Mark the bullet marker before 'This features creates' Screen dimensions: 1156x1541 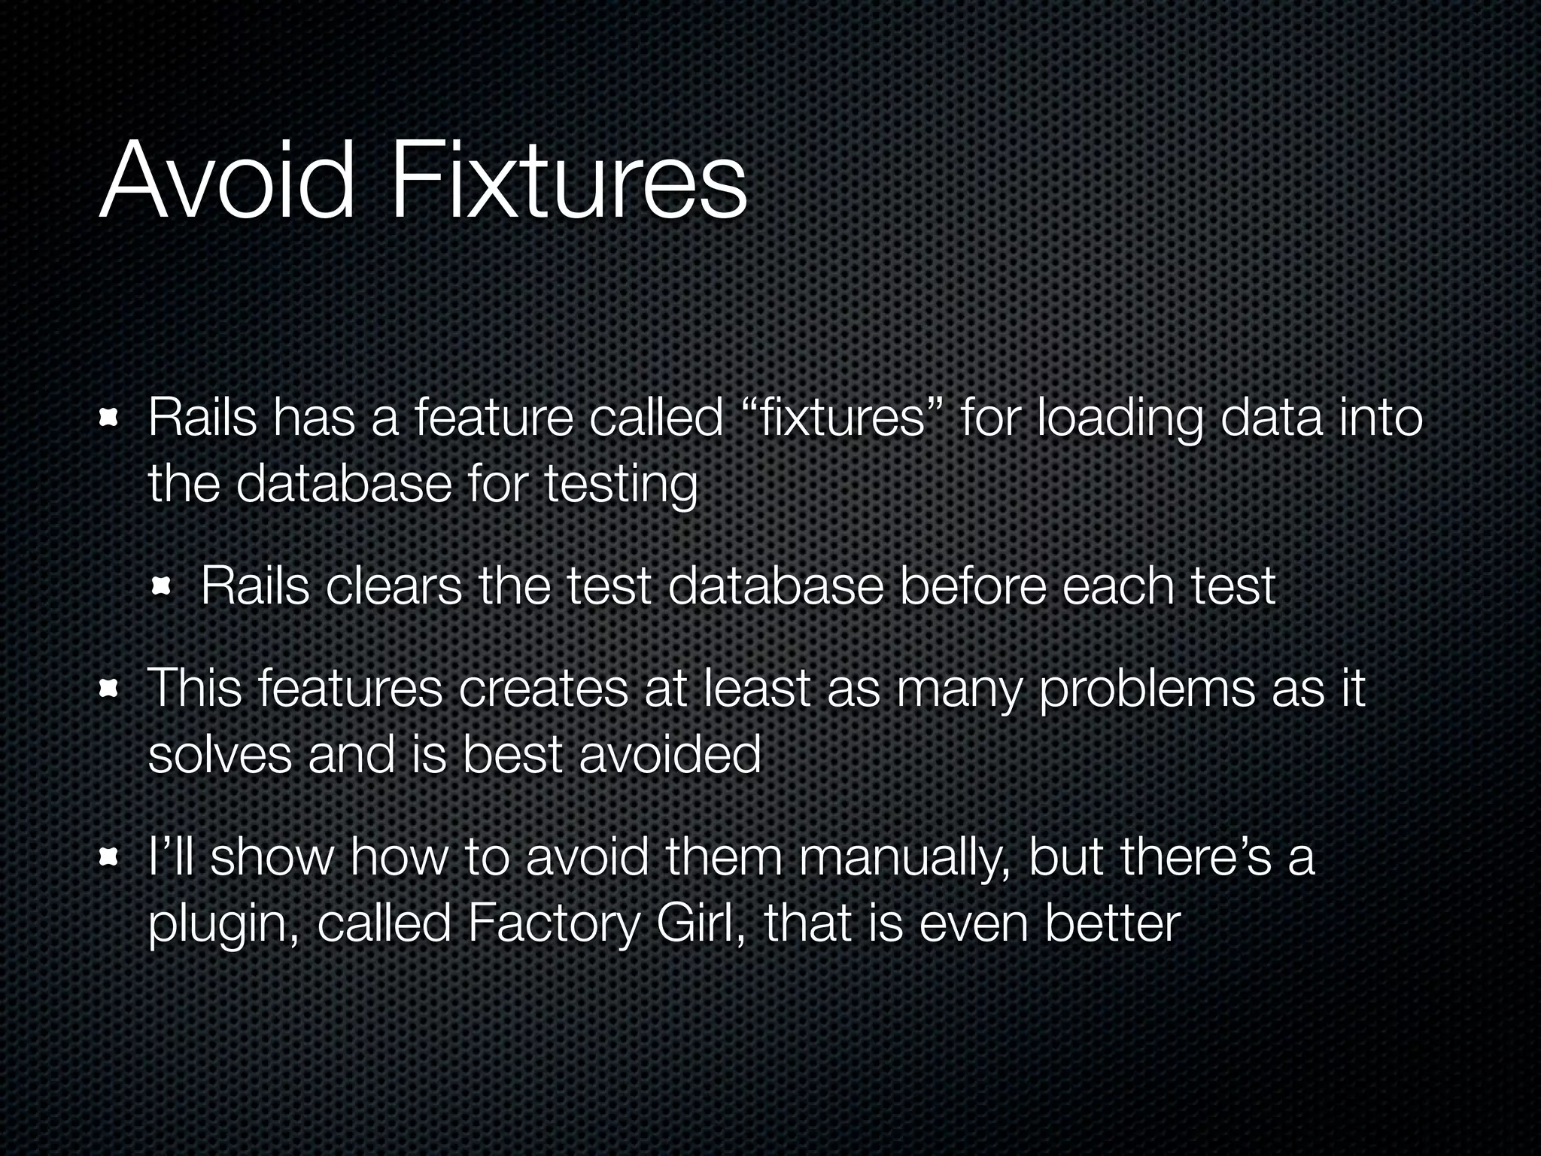(110, 689)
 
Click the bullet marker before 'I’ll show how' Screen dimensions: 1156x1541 (110, 857)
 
